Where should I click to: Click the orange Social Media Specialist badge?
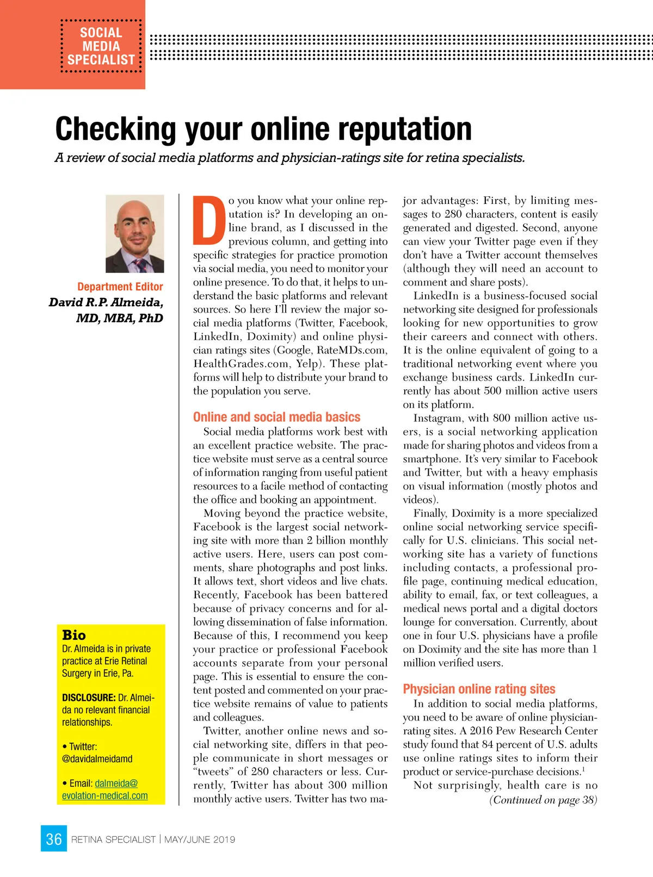[101, 46]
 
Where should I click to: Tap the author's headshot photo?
[134, 233]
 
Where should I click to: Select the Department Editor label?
[120, 287]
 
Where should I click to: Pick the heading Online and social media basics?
[276, 417]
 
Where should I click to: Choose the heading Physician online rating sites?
[479, 689]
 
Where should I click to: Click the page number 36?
[53, 839]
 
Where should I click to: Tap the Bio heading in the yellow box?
[74, 635]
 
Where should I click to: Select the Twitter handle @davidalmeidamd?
[97, 758]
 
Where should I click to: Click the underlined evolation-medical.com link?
[105, 795]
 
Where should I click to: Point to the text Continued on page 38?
[543, 800]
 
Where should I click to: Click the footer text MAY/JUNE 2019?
[200, 839]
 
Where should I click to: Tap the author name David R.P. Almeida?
[106, 302]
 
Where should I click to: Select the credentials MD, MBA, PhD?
[120, 318]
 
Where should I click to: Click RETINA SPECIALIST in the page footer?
[113, 839]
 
